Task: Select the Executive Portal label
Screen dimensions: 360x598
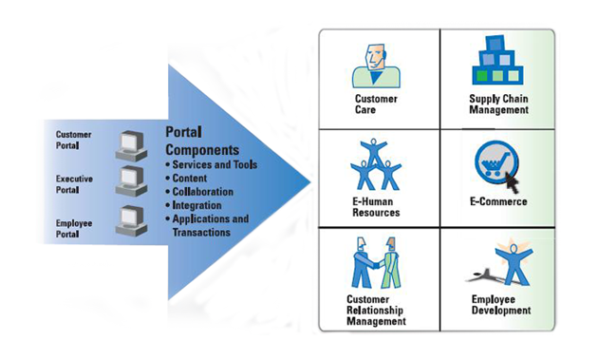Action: [x=73, y=183]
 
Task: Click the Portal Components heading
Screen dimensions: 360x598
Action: [x=202, y=142]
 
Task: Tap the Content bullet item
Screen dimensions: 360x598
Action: [x=194, y=179]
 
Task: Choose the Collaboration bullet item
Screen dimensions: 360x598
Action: [x=205, y=192]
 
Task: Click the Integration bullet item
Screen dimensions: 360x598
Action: [x=200, y=205]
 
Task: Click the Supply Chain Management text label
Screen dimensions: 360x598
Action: [x=498, y=104]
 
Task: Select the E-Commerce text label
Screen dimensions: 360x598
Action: [x=498, y=202]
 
